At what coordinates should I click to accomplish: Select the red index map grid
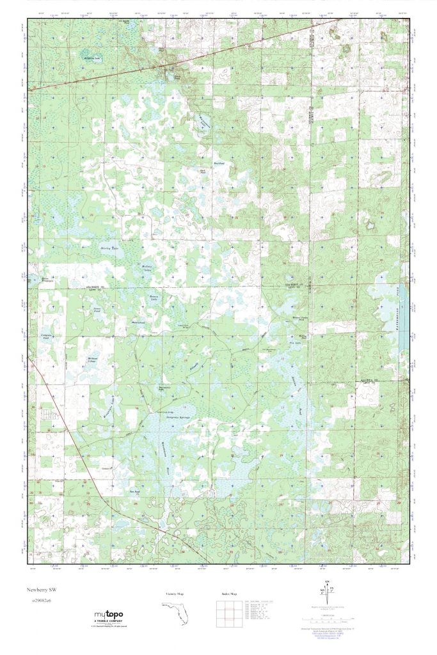click(229, 613)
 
